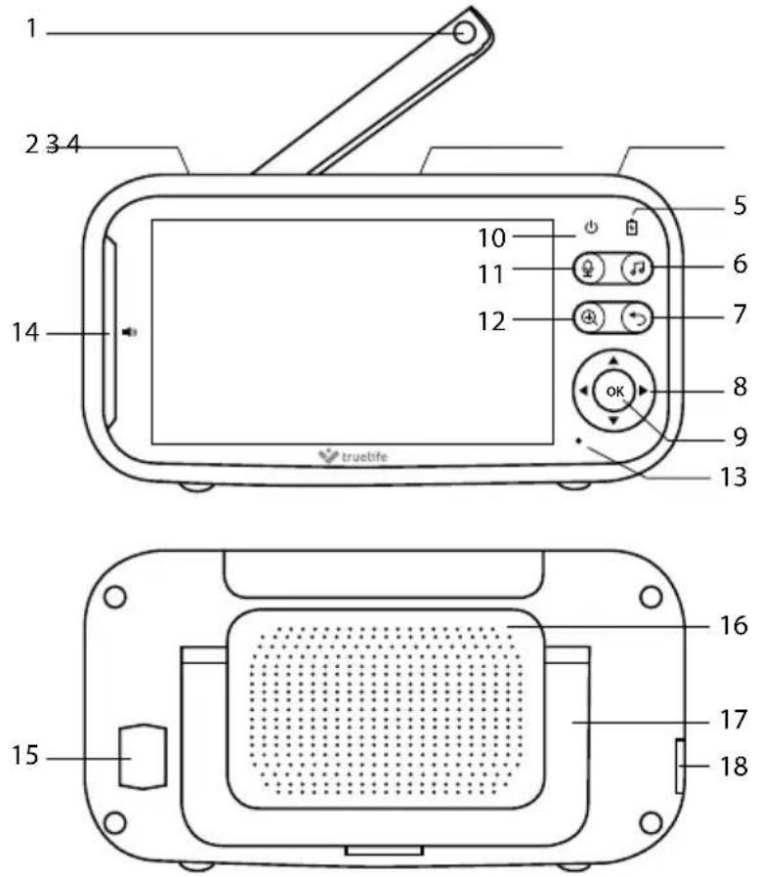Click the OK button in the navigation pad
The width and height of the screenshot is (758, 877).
click(614, 391)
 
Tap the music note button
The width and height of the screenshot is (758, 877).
click(637, 269)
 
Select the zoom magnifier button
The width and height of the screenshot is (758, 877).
click(589, 318)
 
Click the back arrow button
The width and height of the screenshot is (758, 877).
click(637, 318)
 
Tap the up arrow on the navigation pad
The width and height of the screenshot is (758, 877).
click(613, 360)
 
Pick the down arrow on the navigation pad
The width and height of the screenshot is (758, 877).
click(613, 421)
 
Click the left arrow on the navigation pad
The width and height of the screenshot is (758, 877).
click(583, 391)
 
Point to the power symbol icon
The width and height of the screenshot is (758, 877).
click(591, 228)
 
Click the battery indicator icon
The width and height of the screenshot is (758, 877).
click(632, 227)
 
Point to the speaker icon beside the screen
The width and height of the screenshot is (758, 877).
click(130, 332)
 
